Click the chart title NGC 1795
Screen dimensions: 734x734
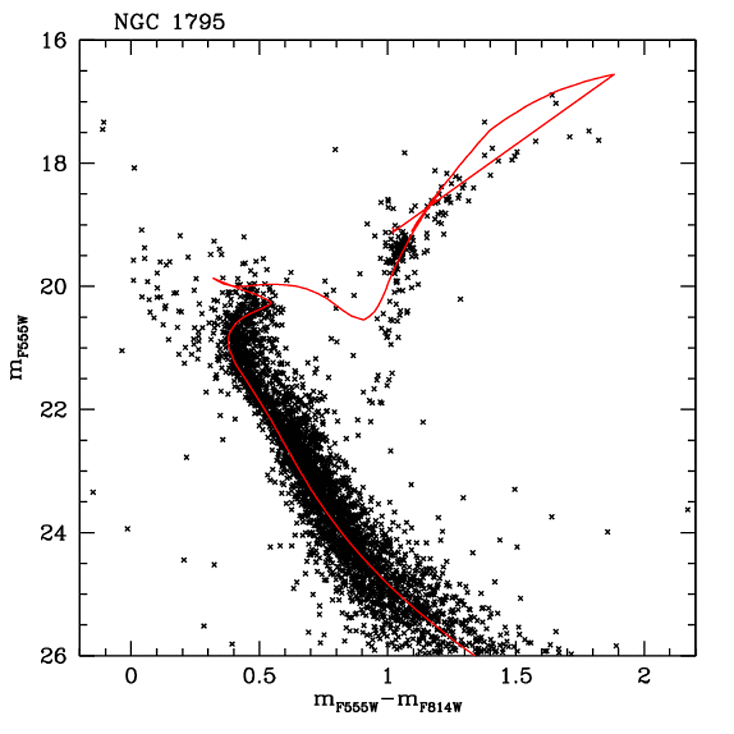[170, 22]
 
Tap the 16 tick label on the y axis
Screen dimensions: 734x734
[54, 41]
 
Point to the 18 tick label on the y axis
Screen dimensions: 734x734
[54, 163]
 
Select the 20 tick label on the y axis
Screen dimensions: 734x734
[54, 287]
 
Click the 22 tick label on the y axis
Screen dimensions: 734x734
[54, 410]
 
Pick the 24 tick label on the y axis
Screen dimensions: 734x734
[54, 533]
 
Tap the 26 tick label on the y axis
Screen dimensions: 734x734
[54, 655]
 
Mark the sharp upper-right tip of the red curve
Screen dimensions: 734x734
[614, 75]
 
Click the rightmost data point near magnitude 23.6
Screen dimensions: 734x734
[688, 510]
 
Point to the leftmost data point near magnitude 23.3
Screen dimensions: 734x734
[93, 492]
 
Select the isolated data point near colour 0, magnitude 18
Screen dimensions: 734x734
[134, 168]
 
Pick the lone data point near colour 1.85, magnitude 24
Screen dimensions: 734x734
[608, 532]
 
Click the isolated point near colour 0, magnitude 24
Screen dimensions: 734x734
[128, 529]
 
